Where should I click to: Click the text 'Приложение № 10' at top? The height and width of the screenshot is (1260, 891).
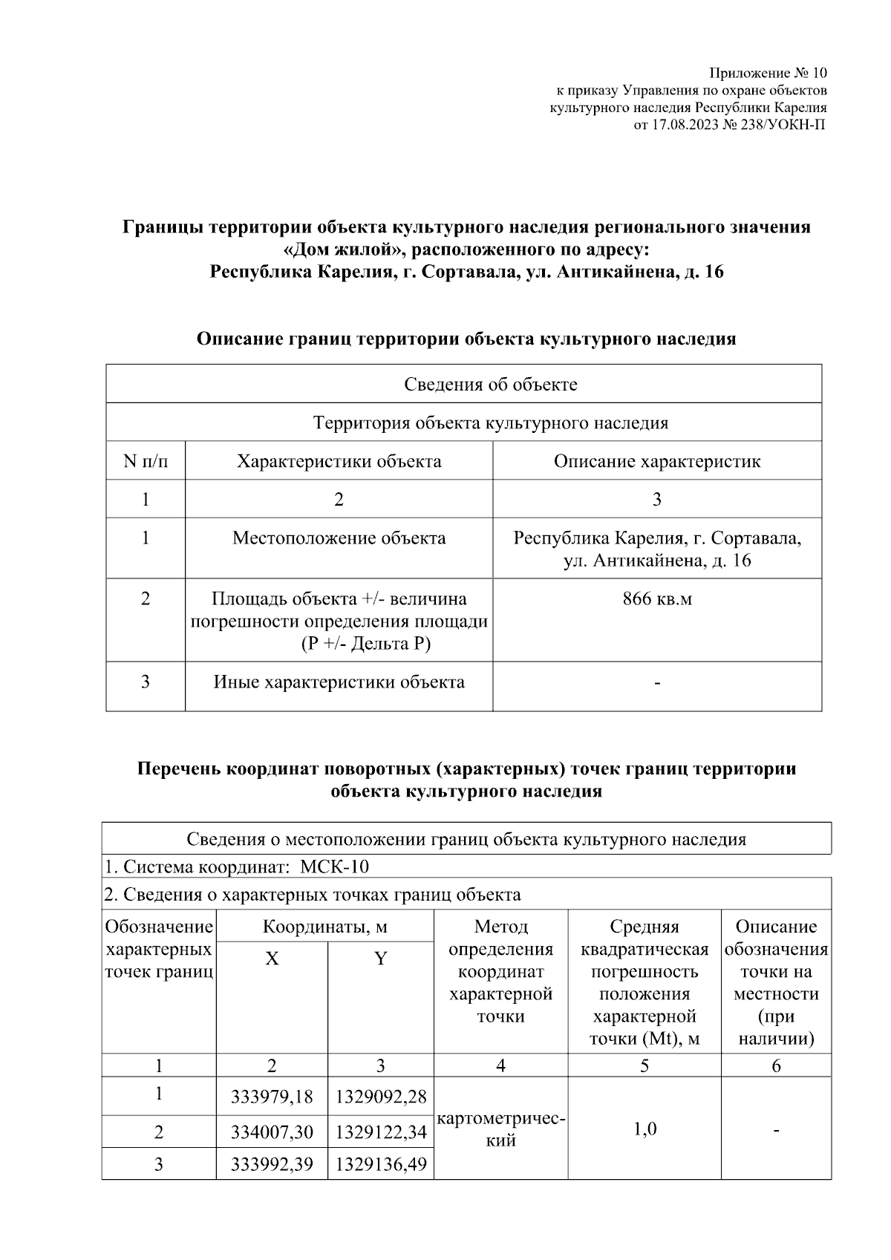[767, 74]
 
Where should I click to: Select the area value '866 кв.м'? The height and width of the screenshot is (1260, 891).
[656, 598]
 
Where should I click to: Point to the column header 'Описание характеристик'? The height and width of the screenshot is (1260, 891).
[656, 461]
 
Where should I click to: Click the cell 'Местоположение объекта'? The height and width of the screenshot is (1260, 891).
[339, 538]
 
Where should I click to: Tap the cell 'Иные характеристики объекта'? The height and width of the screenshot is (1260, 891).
[339, 682]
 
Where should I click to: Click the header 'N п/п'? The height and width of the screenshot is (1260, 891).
[146, 461]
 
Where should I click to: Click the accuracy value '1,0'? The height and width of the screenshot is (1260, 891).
[644, 1129]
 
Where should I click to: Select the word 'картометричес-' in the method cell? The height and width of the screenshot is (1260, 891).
[501, 1119]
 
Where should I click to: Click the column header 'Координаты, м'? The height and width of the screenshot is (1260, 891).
[324, 927]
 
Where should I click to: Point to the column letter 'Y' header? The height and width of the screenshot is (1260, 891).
[380, 959]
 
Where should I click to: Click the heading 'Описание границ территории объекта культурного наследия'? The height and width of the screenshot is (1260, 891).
[466, 339]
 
